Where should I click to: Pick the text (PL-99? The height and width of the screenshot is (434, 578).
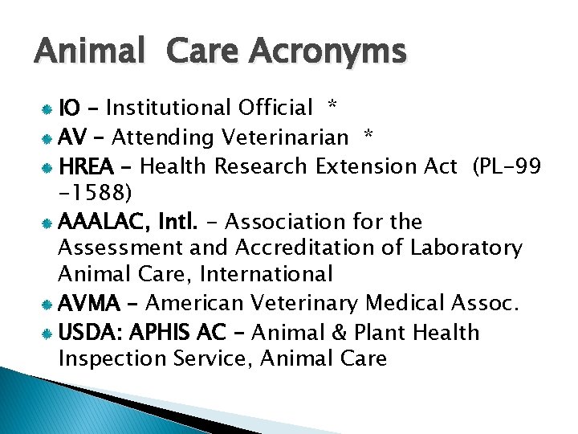(x=507, y=166)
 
